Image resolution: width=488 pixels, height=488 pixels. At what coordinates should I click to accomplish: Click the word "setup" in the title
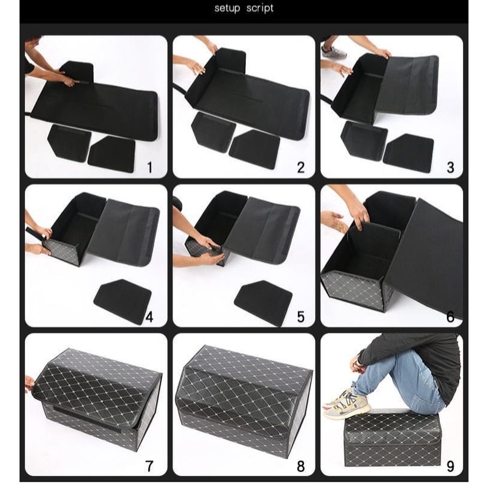coord(228,8)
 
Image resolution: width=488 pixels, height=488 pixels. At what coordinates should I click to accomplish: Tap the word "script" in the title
coord(260,8)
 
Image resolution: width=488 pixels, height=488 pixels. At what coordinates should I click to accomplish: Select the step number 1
coord(149,167)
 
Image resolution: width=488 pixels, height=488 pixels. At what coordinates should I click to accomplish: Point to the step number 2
coord(301,167)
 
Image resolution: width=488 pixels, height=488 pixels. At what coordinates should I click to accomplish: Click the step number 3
coord(450,167)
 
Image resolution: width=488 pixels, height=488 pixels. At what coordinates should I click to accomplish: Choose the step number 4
coord(149,317)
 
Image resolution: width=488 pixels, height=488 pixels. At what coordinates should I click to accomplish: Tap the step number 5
coord(301,317)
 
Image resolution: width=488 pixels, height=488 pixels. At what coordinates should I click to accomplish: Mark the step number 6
coord(450,317)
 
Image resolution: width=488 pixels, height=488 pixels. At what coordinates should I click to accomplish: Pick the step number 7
coord(149,466)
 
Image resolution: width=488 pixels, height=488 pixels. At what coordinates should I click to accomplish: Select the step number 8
coord(301,466)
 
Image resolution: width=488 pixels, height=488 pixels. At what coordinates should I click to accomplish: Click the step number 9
coord(450,466)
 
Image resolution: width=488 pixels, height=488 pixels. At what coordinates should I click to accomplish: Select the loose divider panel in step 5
coord(263,302)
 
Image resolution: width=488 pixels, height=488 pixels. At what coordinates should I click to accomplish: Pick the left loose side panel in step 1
coord(68,142)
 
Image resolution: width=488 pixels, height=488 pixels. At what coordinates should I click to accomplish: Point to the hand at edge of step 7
coord(29,383)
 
